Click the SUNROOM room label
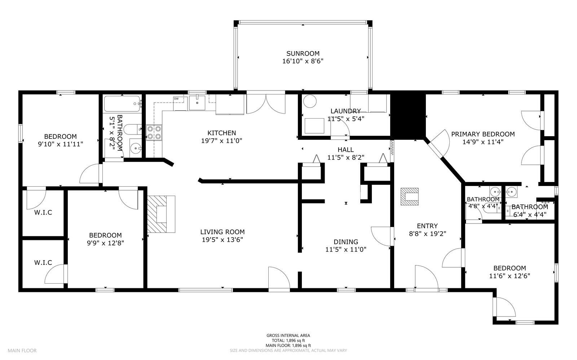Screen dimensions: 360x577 pos(303,54)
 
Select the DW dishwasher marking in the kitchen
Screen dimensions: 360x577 pos(176,99)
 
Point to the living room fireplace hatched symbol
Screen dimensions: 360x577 pos(161,214)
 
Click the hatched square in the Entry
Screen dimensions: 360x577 pos(409,196)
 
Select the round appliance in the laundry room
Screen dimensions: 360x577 pos(309,102)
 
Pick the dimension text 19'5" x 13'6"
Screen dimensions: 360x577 pos(223,240)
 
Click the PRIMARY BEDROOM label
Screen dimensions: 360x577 pos(483,134)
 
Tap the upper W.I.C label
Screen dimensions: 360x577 pos(43,213)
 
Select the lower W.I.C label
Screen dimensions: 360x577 pos(43,263)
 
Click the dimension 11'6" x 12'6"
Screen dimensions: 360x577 pos(510,276)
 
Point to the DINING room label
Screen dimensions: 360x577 pos(345,242)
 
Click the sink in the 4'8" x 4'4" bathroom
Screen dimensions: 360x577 pos(494,191)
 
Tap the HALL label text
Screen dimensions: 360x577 pos(345,150)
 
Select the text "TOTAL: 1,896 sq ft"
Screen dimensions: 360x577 pos(288,340)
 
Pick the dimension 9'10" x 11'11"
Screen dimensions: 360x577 pos(60,144)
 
